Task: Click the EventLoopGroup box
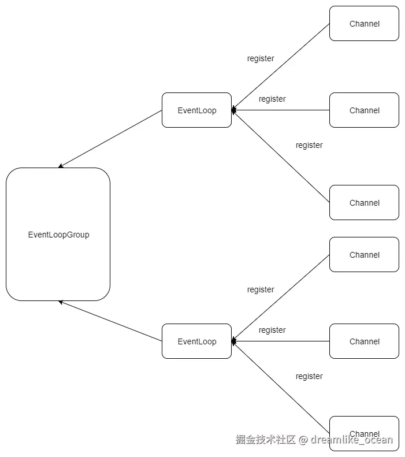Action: pyautogui.click(x=58, y=234)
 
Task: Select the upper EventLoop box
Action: pyautogui.click(x=196, y=110)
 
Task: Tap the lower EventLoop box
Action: pyautogui.click(x=196, y=341)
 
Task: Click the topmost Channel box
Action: pyautogui.click(x=364, y=23)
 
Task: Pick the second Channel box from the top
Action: pyautogui.click(x=364, y=110)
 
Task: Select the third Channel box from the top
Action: pyautogui.click(x=364, y=202)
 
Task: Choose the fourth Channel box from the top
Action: pyautogui.click(x=364, y=254)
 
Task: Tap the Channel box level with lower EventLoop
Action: pyautogui.click(x=364, y=341)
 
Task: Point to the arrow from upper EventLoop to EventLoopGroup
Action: pyautogui.click(x=110, y=139)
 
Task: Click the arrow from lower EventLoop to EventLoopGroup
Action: pyautogui.click(x=110, y=321)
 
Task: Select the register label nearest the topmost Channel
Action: pyautogui.click(x=261, y=58)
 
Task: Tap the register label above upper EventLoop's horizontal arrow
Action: pyautogui.click(x=272, y=99)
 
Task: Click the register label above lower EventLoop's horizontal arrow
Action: pyautogui.click(x=272, y=330)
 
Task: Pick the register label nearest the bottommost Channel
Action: pyautogui.click(x=309, y=376)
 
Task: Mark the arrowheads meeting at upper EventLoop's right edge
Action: pyautogui.click(x=233, y=110)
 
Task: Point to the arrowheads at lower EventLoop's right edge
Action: pyautogui.click(x=233, y=341)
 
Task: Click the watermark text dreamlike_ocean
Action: pyautogui.click(x=352, y=440)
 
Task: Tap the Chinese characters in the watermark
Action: pyautogui.click(x=266, y=440)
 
